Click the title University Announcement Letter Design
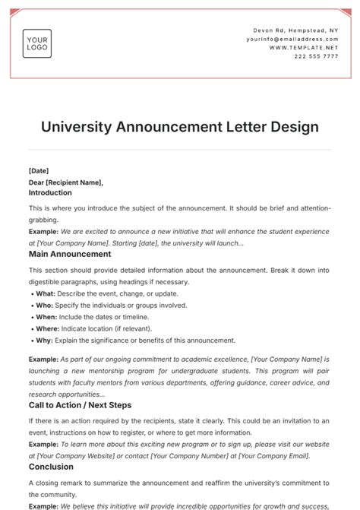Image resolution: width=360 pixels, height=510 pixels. pyautogui.click(x=180, y=126)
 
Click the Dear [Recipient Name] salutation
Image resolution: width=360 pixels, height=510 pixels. pyautogui.click(x=65, y=182)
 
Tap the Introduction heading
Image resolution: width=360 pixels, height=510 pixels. pyautogui.click(x=50, y=193)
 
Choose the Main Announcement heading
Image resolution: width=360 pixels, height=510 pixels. pyautogui.click(x=70, y=254)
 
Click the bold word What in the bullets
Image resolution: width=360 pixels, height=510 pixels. pyautogui.click(x=45, y=293)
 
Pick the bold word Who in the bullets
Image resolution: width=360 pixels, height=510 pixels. pyautogui.click(x=43, y=306)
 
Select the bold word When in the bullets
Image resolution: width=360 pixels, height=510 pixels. pyautogui.click(x=46, y=317)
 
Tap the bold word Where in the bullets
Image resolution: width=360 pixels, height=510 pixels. pyautogui.click(x=47, y=329)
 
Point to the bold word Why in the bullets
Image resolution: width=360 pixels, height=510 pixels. pyautogui.click(x=43, y=341)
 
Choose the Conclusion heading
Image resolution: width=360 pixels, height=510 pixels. pyautogui.click(x=51, y=467)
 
